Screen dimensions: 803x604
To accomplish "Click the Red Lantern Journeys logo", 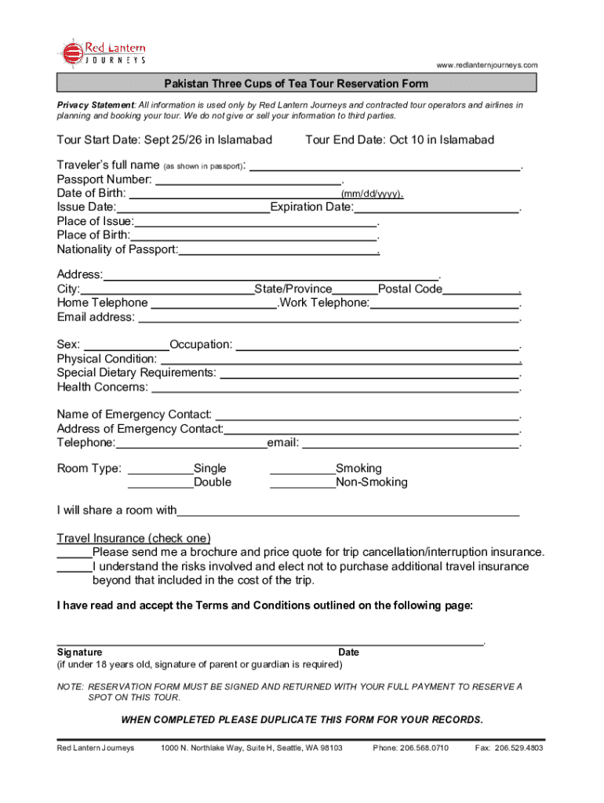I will pyautogui.click(x=100, y=53).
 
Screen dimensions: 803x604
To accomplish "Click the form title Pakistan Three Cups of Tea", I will pyautogui.click(x=296, y=84).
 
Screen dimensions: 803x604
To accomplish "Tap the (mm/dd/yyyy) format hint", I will pyautogui.click(x=372, y=195).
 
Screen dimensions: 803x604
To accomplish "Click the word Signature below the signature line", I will pyautogui.click(x=79, y=652).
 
